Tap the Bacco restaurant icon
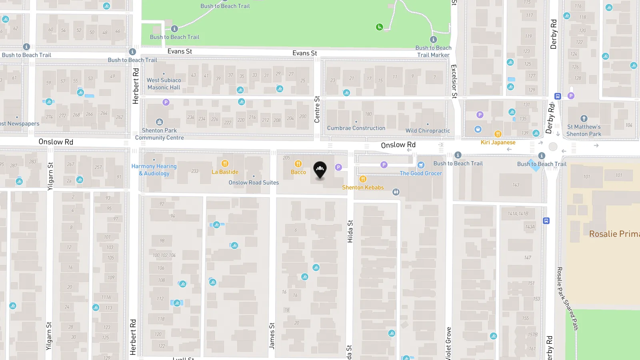[x=298, y=164]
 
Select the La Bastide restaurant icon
[x=225, y=164]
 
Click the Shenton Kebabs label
[x=363, y=187]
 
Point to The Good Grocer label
[x=421, y=173]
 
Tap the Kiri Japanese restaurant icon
[x=498, y=134]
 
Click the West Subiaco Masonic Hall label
[x=164, y=84]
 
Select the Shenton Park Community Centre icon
[x=159, y=122]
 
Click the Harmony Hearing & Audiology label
[x=154, y=170]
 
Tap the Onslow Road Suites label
[x=254, y=182]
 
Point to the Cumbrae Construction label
[x=356, y=128]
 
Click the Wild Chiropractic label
[x=428, y=130]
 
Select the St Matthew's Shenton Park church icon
[x=584, y=119]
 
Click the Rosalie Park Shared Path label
[x=568, y=298]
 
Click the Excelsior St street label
[x=454, y=81]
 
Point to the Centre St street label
[x=317, y=109]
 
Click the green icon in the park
[x=379, y=27]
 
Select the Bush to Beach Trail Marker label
[x=433, y=51]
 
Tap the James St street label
[x=272, y=336]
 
